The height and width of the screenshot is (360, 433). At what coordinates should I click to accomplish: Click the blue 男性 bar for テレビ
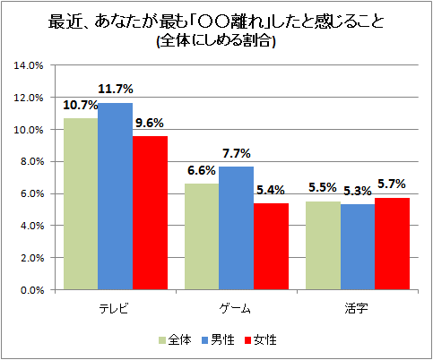(x=115, y=196)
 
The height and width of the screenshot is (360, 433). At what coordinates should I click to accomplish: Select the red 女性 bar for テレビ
(x=149, y=212)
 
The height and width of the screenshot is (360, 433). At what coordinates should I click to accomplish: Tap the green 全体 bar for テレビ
(x=81, y=204)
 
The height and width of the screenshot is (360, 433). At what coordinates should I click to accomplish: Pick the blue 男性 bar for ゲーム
(x=237, y=227)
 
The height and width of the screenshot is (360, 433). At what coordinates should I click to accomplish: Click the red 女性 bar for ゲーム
(x=271, y=246)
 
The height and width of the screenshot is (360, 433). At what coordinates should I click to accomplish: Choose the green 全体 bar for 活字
(x=325, y=245)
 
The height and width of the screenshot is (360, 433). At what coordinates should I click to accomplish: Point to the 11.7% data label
(x=117, y=89)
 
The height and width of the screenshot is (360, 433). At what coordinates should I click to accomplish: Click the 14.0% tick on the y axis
(x=30, y=65)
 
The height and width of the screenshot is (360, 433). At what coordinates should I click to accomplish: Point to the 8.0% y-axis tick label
(x=30, y=161)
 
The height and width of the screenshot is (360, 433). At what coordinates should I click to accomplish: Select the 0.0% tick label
(x=30, y=290)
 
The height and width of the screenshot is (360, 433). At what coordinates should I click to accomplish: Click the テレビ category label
(x=115, y=307)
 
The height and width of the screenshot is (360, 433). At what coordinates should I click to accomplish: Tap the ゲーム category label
(x=237, y=307)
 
